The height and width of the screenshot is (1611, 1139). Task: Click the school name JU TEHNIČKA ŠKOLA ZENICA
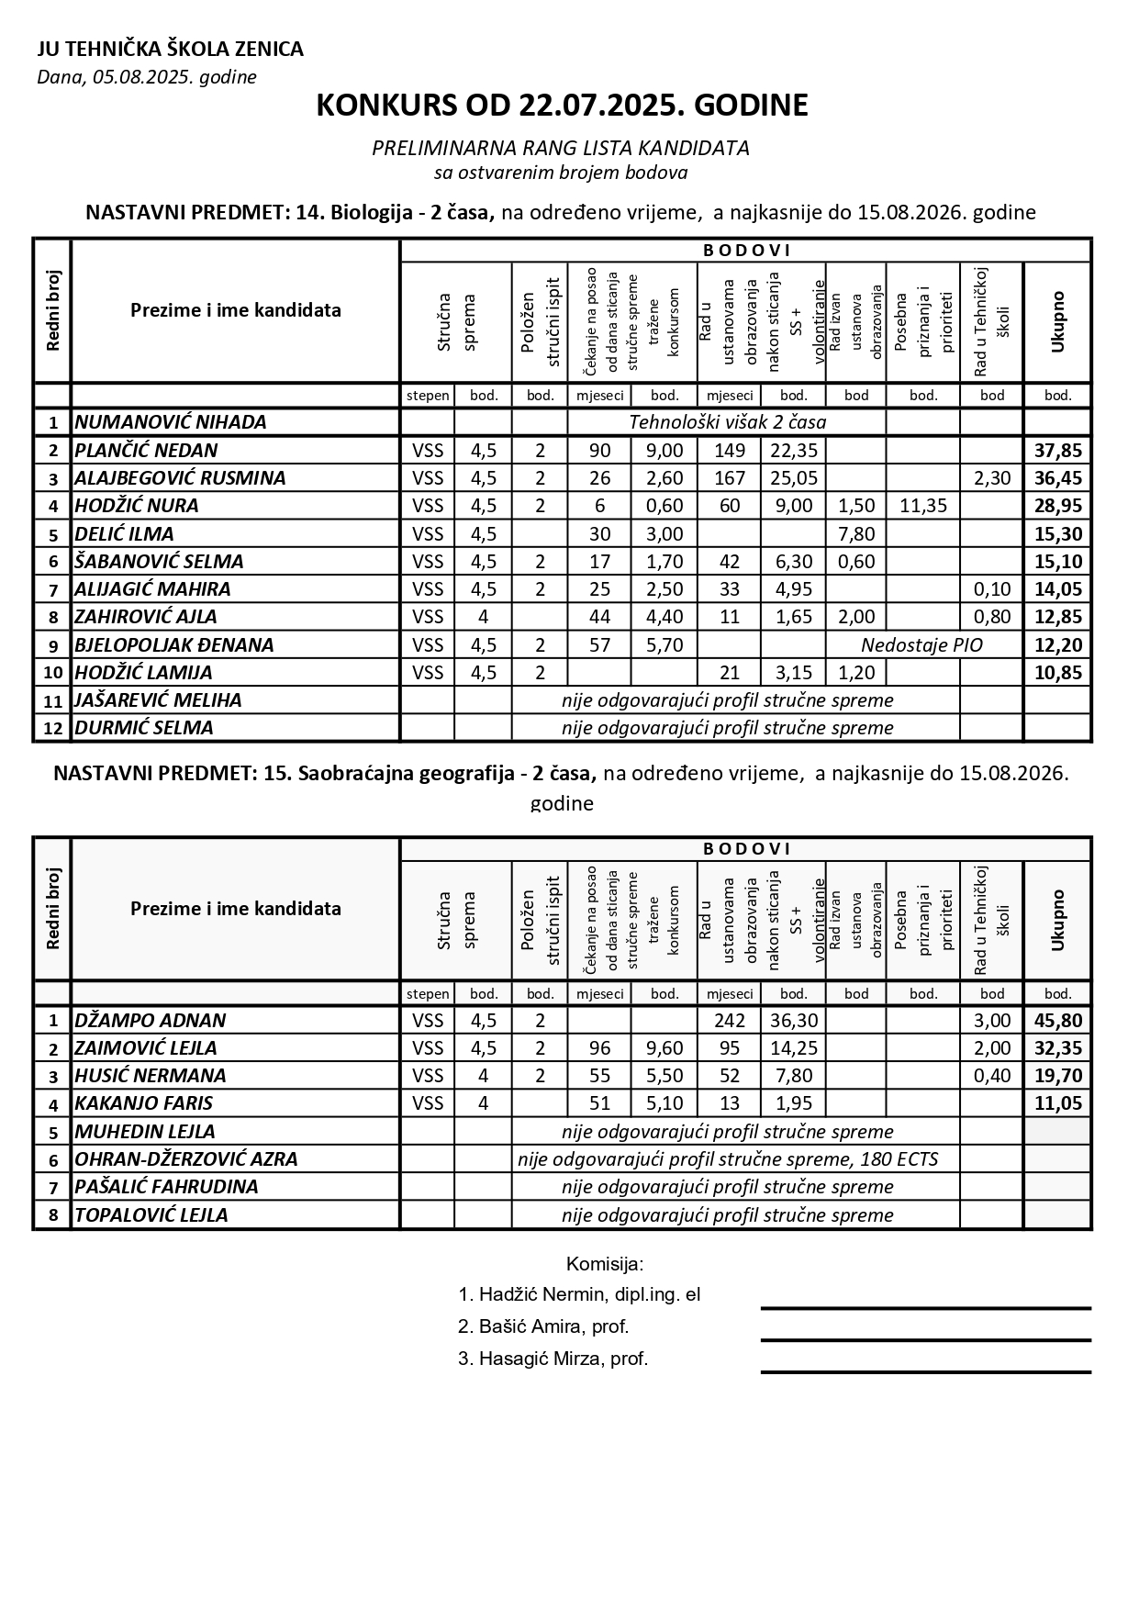tap(170, 50)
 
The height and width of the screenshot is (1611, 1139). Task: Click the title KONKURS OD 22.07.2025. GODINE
tap(562, 106)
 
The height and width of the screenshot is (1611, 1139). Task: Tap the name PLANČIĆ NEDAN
tap(146, 450)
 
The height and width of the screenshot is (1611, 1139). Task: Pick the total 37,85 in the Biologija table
tap(1057, 450)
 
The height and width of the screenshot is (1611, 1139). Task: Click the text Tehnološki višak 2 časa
tap(727, 422)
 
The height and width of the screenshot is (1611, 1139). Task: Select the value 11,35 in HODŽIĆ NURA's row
tap(922, 506)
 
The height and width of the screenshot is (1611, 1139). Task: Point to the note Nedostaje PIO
tap(921, 644)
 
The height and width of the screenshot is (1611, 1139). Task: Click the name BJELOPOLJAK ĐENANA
tap(173, 644)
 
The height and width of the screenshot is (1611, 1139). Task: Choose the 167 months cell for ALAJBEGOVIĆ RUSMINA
tap(729, 478)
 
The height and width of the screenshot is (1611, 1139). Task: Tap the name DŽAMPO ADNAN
tap(150, 1020)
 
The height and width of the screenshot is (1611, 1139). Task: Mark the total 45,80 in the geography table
tap(1057, 1020)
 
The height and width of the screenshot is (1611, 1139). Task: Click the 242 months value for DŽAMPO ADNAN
tap(729, 1020)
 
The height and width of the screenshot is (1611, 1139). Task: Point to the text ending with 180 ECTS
tap(727, 1158)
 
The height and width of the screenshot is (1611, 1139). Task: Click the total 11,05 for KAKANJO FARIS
tap(1057, 1103)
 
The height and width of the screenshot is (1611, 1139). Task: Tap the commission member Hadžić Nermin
tap(578, 1295)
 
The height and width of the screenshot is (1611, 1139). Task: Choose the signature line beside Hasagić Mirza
tap(925, 1372)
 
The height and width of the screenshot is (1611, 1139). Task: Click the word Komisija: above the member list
tap(605, 1264)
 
